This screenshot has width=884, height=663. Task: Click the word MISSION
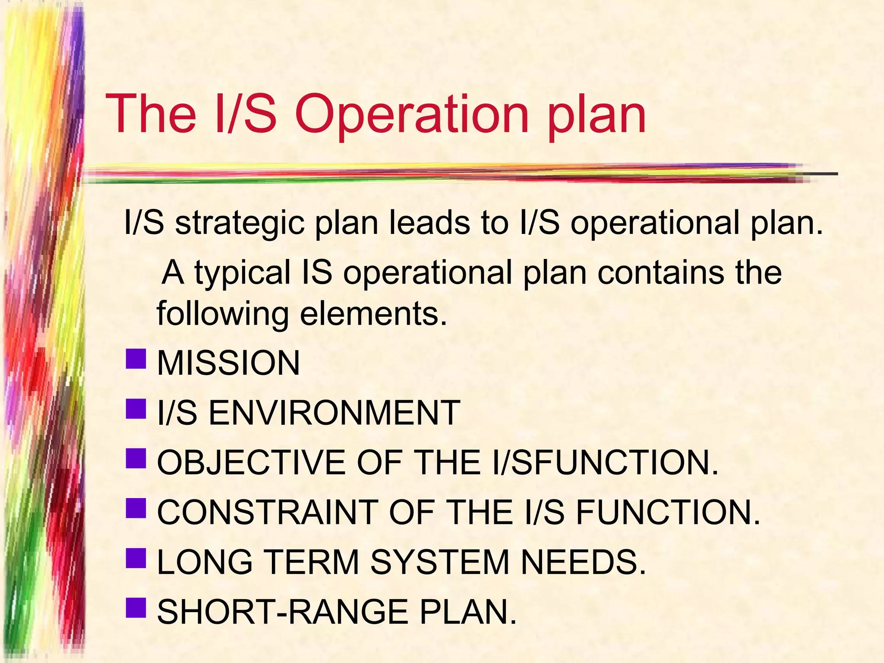pos(228,363)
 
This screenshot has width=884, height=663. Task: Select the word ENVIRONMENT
pos(334,413)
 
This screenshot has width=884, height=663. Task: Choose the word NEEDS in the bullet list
pos(583,562)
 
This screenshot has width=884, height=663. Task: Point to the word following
pos(222,314)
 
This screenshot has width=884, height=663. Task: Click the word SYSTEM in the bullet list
pos(440,562)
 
